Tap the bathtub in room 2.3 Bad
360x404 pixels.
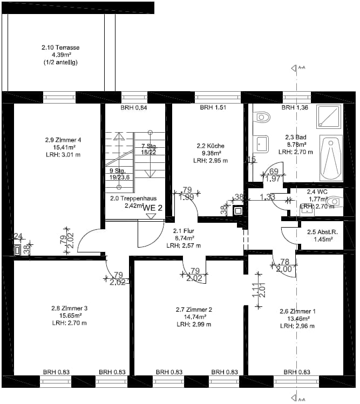click(331, 158)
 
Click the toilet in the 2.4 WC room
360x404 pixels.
click(335, 201)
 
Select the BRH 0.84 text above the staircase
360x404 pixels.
click(134, 107)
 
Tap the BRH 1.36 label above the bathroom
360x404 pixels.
click(295, 107)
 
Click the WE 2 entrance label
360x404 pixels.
click(153, 207)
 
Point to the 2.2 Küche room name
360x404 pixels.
click(210, 146)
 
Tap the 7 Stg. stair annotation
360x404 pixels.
click(149, 146)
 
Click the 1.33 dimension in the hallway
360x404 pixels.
click(267, 197)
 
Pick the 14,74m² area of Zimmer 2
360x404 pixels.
click(194, 317)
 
